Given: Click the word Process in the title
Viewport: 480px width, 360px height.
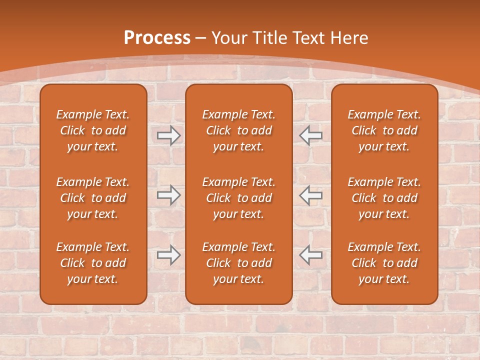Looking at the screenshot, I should click(157, 38).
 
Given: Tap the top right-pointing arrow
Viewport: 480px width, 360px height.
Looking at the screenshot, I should click(168, 135).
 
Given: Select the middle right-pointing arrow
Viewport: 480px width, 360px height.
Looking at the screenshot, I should click(168, 195).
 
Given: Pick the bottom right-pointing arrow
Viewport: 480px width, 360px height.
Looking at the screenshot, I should click(168, 255).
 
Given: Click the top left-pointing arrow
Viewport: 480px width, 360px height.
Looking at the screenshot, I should click(310, 135).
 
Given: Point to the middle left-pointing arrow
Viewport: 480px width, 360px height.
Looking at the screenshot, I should click(310, 195).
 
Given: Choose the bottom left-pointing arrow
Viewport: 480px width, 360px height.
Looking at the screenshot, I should click(310, 255).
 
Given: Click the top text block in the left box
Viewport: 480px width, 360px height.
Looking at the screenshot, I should click(93, 130).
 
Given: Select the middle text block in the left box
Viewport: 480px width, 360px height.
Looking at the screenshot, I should click(93, 198).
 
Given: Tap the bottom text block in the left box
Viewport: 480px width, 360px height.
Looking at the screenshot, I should click(93, 263).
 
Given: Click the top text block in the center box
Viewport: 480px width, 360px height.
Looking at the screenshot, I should click(239, 130).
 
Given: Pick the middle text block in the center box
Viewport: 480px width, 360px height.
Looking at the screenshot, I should click(239, 198).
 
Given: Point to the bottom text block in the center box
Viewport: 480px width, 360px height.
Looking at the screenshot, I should click(239, 263).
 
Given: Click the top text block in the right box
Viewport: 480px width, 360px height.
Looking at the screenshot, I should click(384, 130).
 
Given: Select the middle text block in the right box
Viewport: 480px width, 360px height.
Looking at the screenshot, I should click(384, 198).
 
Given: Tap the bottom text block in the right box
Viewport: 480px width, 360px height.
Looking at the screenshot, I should click(384, 263).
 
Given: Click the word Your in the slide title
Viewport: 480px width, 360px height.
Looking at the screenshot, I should click(229, 38).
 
